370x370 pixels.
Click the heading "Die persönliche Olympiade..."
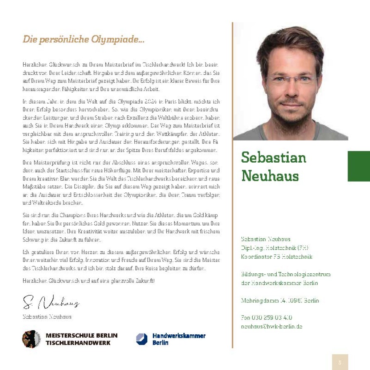tap(83, 40)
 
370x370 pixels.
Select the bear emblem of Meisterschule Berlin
tap(32, 339)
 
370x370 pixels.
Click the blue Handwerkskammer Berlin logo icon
tap(142, 339)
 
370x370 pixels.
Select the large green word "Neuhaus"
tap(270, 175)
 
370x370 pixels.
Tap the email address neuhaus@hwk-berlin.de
tap(272, 326)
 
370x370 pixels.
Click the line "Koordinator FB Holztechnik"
tap(277, 257)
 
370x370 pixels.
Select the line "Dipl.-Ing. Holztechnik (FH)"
tap(275, 248)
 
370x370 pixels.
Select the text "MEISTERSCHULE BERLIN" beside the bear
tap(82, 336)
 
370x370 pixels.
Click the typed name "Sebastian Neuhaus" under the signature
tap(47, 316)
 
